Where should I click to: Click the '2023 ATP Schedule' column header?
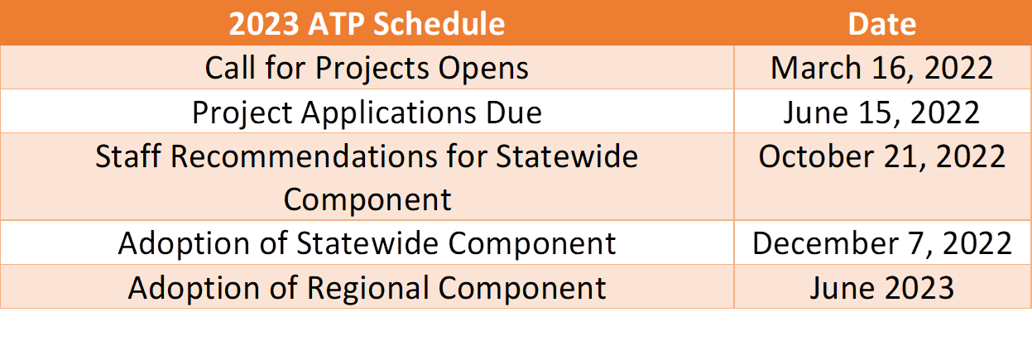click(x=367, y=24)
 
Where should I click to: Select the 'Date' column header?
click(x=882, y=24)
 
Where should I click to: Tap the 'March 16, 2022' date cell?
click(x=881, y=68)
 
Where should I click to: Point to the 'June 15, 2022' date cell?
click(x=881, y=113)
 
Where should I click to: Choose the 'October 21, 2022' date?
click(x=881, y=156)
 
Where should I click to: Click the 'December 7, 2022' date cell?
click(x=881, y=243)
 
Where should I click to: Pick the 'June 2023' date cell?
click(x=881, y=288)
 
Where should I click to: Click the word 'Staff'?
click(x=128, y=156)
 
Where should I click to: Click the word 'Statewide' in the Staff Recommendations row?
click(x=567, y=156)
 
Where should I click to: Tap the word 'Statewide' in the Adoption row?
click(x=367, y=243)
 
